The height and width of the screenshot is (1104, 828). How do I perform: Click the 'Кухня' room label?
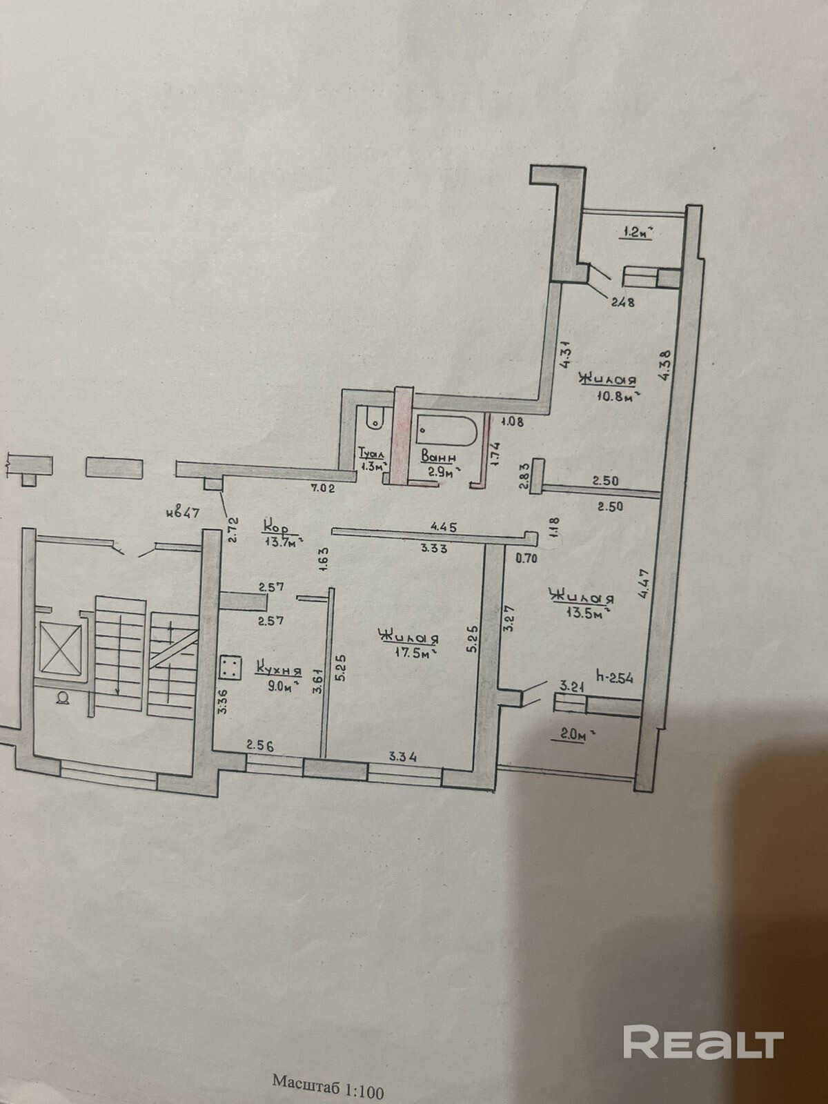pyautogui.click(x=279, y=669)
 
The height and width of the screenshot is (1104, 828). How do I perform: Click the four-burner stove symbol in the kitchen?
pyautogui.click(x=230, y=667)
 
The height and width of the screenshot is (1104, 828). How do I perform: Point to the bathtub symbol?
pyautogui.click(x=445, y=430)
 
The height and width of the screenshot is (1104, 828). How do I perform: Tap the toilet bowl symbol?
pyautogui.click(x=374, y=417)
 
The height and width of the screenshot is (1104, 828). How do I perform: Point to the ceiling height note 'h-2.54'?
pyautogui.click(x=614, y=678)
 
